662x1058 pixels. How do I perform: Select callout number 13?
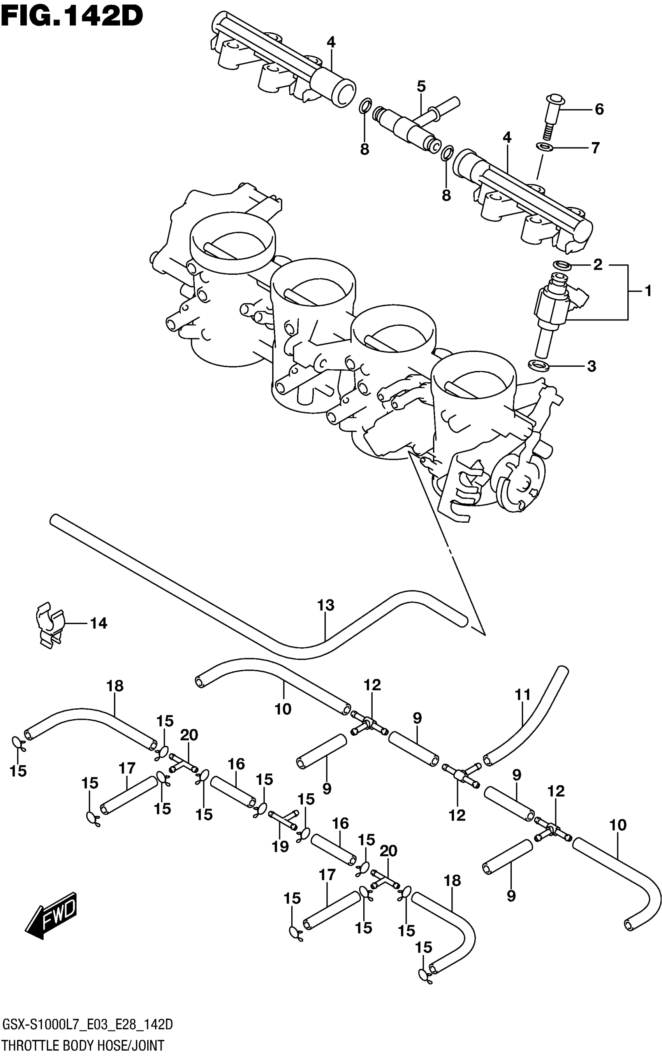[x=326, y=605]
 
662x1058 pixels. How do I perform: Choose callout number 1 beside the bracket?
[x=648, y=290]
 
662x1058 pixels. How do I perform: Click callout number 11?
[x=523, y=694]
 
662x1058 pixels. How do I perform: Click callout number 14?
[x=99, y=623]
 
